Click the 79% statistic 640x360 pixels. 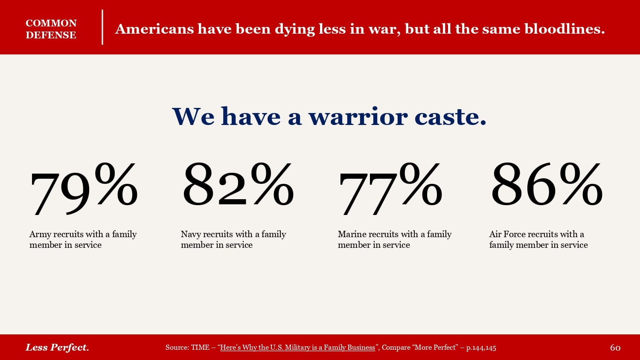coord(84,188)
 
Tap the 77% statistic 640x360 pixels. coord(390,188)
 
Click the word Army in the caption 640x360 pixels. coord(40,234)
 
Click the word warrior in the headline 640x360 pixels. coord(358,116)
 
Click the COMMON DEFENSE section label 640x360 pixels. coord(51,29)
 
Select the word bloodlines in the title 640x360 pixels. coord(564,29)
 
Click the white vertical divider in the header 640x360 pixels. coord(102,27)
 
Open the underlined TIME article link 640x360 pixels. coord(297,347)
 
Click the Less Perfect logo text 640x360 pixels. coord(57,347)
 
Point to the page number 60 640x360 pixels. coord(615,348)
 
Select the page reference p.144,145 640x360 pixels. coord(481,348)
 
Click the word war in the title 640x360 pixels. coord(384,29)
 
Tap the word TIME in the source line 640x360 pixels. coord(200,347)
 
